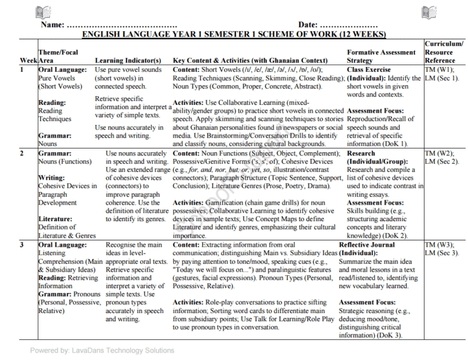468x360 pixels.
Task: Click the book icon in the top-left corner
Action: pyautogui.click(x=43, y=12)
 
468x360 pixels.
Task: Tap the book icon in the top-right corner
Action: pyautogui.click(x=428, y=12)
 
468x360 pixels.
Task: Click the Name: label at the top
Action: pyautogui.click(x=52, y=25)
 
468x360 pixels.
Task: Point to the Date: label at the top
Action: pyautogui.click(x=308, y=25)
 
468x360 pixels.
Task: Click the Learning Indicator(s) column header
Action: pyautogui.click(x=128, y=61)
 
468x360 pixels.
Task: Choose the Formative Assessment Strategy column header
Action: pyautogui.click(x=381, y=57)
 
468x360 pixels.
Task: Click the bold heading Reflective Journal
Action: pyautogui.click(x=367, y=245)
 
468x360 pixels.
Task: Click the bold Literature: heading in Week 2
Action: pyautogui.click(x=56, y=219)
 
